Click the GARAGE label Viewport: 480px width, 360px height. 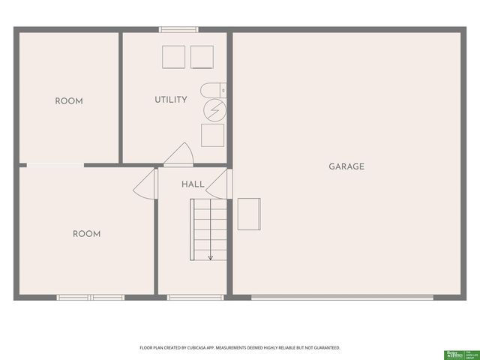click(x=346, y=166)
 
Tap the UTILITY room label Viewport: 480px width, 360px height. click(x=171, y=100)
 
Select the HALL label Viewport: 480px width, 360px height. click(x=193, y=184)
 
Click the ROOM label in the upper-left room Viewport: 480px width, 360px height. click(x=69, y=101)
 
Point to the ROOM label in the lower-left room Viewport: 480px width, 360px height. click(x=86, y=234)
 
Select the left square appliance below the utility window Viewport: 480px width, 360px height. click(x=173, y=57)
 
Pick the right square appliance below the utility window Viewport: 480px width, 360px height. click(x=202, y=57)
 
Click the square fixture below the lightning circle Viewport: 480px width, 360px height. click(x=212, y=135)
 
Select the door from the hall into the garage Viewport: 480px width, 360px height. click(x=219, y=181)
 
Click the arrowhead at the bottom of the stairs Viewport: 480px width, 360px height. click(x=211, y=258)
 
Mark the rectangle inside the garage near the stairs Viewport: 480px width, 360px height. click(x=249, y=214)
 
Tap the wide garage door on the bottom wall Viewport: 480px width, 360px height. click(x=341, y=297)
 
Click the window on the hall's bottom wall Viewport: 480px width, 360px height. click(x=196, y=297)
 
